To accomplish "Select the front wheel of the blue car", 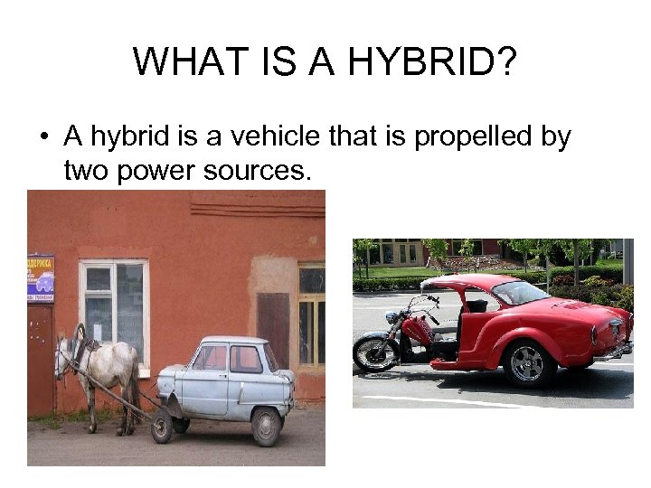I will (163, 426).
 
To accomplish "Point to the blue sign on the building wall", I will (40, 278).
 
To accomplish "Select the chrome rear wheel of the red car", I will (525, 362).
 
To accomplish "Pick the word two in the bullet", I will (86, 171).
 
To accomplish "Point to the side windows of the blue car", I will (229, 359).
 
